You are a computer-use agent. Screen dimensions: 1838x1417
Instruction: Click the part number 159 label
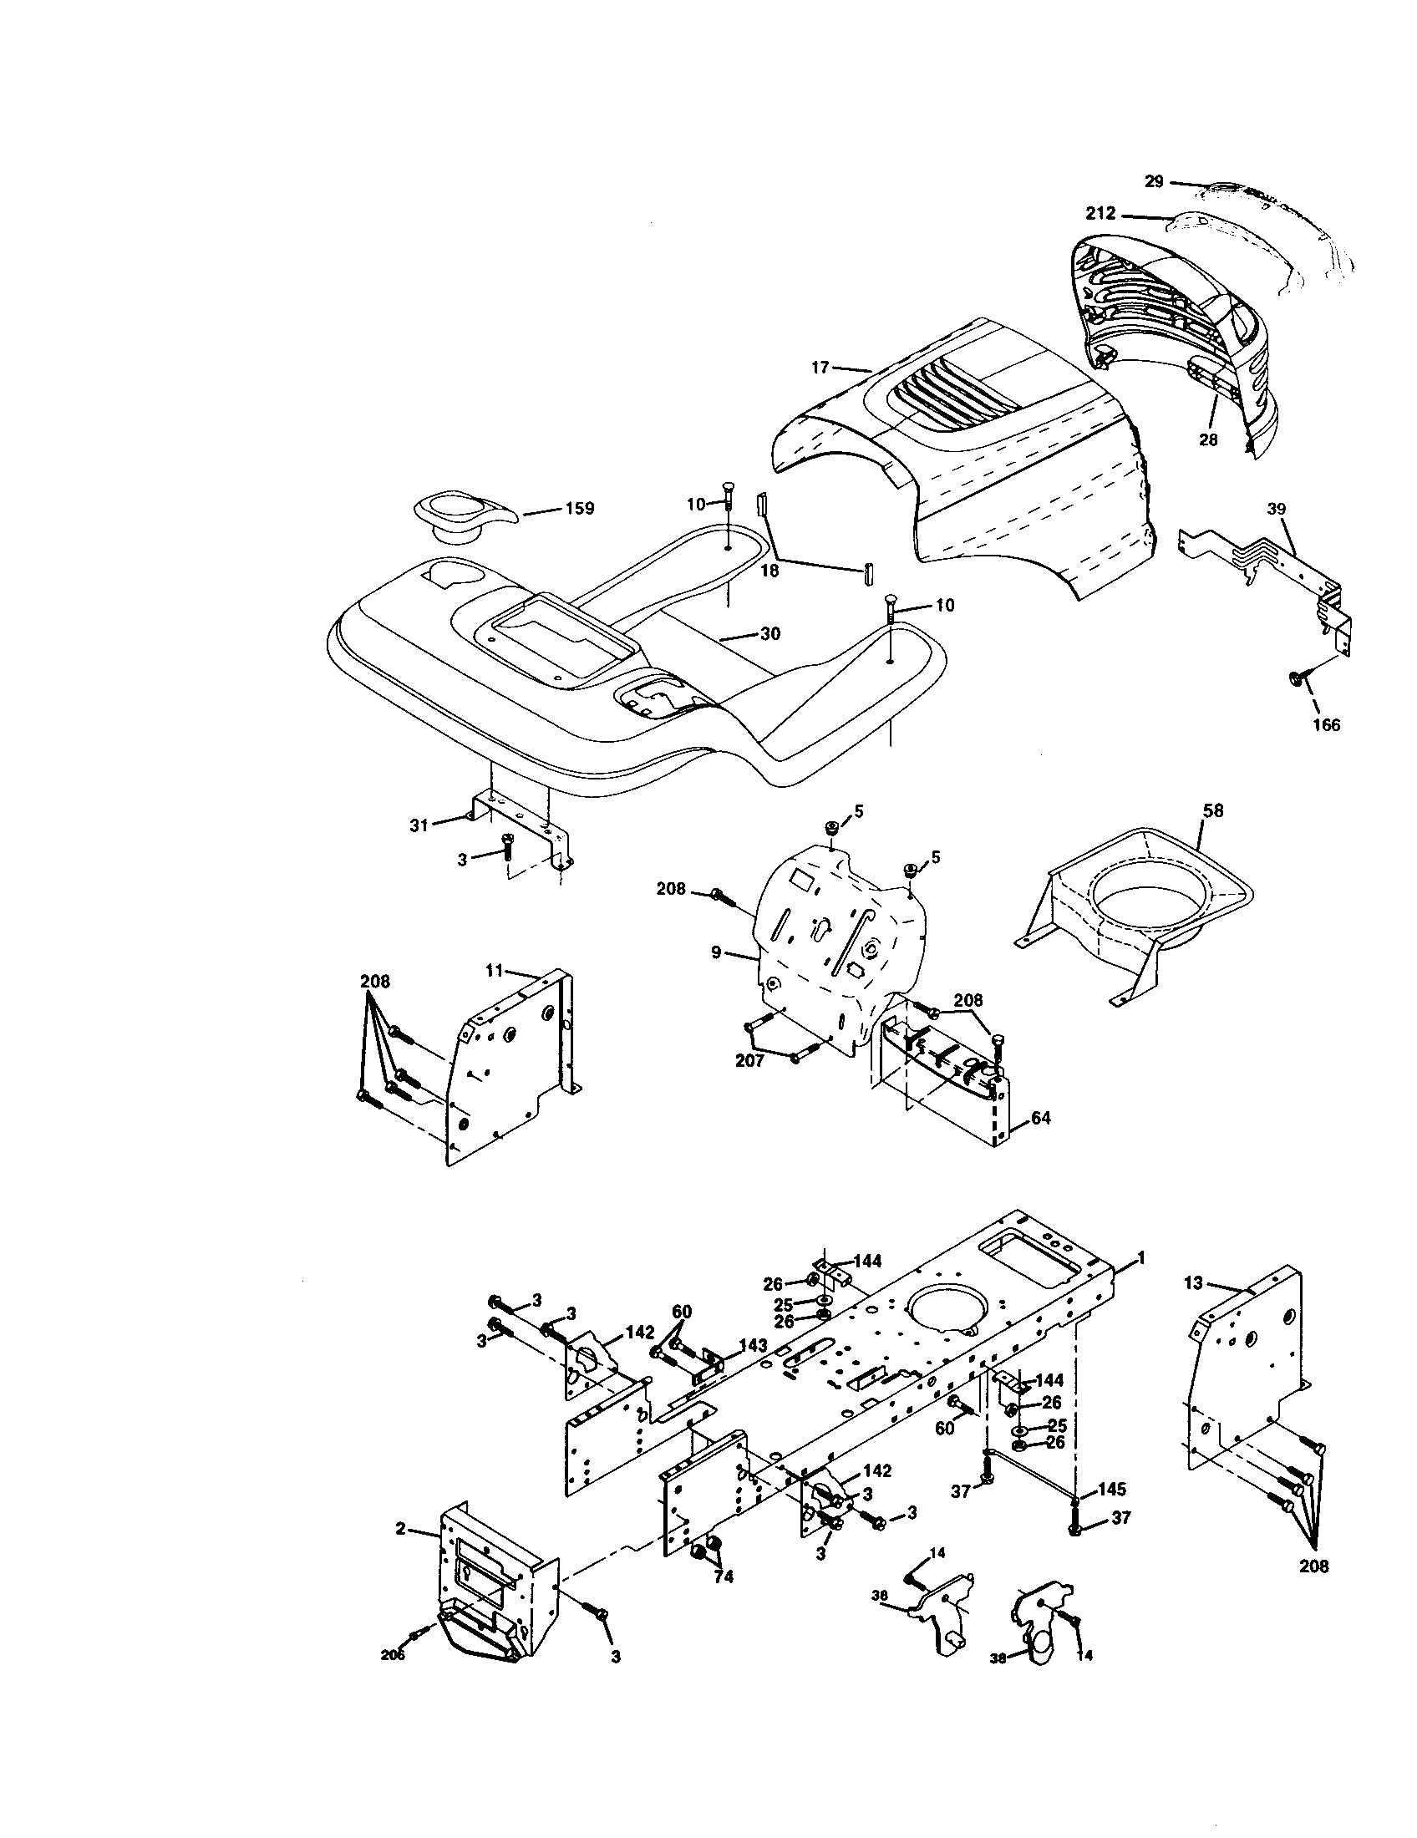coord(579,508)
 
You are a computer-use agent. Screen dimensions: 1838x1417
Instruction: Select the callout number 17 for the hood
coord(820,367)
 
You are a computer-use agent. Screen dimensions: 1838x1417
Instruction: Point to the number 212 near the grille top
coord(1100,214)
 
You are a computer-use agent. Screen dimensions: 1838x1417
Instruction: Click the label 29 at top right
coord(1155,181)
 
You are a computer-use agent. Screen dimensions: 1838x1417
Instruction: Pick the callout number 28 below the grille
coord(1208,439)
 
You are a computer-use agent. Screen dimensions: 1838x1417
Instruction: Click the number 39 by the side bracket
coord(1277,508)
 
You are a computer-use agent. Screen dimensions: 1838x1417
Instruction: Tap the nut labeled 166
coord(1296,677)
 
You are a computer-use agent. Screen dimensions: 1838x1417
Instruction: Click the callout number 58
coord(1212,810)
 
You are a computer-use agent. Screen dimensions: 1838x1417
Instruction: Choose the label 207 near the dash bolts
coord(749,1061)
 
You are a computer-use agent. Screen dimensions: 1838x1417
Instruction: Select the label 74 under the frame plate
coord(724,1577)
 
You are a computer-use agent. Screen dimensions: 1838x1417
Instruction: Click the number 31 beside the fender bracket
coord(419,825)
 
